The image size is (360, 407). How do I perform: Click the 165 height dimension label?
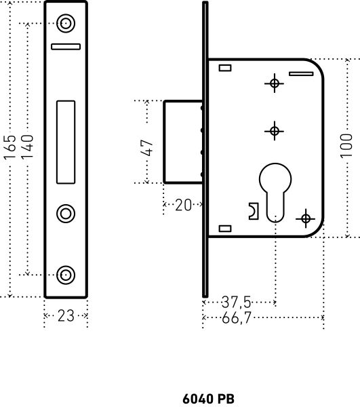(x=10, y=147)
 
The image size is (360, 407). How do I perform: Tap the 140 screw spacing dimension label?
(x=27, y=147)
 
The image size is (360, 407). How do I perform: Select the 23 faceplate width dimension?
(x=66, y=316)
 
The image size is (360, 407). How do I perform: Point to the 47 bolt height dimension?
(x=146, y=148)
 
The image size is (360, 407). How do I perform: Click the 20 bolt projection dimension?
(x=183, y=205)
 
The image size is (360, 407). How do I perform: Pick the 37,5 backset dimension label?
(x=237, y=303)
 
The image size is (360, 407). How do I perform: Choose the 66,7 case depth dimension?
(x=237, y=317)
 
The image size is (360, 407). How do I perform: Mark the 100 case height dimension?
(x=346, y=146)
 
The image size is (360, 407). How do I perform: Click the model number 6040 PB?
(x=209, y=398)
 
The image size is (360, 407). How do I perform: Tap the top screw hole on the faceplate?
(x=66, y=23)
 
